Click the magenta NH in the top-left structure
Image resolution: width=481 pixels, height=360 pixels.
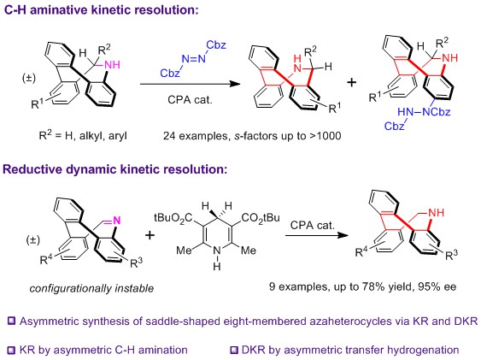(112, 65)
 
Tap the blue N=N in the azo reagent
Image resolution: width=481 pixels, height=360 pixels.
(194, 59)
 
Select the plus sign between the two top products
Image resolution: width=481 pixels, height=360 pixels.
(352, 82)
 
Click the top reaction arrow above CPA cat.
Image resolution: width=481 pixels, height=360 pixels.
(191, 84)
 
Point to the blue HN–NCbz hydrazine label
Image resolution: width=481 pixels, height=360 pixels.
(424, 112)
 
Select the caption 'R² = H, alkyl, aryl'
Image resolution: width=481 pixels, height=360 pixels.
(83, 135)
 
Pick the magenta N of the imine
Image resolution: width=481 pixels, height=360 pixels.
(117, 220)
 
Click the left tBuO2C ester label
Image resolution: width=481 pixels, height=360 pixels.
(173, 218)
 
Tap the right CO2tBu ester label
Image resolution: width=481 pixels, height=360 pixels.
(261, 218)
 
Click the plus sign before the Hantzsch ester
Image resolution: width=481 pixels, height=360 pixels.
(150, 235)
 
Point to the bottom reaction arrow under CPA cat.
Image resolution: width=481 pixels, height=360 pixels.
(317, 235)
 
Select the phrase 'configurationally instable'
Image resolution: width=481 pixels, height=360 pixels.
(91, 288)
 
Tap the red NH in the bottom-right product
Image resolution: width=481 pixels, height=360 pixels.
(437, 212)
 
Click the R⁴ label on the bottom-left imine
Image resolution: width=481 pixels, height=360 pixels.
(46, 259)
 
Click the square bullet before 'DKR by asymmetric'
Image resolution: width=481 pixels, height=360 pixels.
(234, 350)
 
